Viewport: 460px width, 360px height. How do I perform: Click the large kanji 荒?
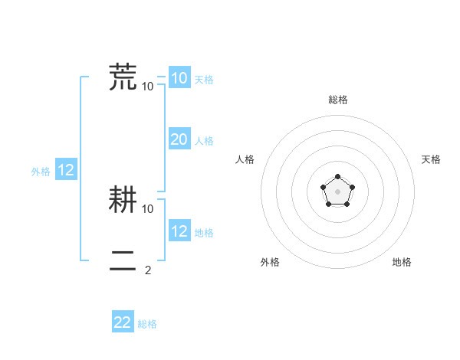[123, 77]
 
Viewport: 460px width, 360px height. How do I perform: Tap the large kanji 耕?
[123, 200]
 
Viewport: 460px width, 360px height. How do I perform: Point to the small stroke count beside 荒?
[148, 86]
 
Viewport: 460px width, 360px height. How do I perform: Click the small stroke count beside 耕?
[148, 208]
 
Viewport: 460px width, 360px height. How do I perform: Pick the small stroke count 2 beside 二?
[148, 270]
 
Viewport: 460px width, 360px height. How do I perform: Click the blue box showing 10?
[179, 78]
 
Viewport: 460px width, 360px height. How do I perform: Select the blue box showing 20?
[179, 139]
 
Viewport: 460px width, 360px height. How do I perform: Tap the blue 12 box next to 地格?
[179, 231]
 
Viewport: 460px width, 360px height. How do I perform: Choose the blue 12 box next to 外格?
[66, 171]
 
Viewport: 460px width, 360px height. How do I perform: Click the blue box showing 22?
[123, 322]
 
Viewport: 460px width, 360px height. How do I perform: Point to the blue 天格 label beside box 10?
[204, 80]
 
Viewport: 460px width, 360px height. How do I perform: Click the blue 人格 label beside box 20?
[204, 141]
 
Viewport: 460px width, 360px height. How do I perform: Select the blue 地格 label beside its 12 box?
[204, 233]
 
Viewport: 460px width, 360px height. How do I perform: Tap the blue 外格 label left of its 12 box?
[41, 172]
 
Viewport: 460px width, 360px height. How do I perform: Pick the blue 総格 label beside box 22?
[147, 324]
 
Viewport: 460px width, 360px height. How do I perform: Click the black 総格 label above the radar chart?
[337, 100]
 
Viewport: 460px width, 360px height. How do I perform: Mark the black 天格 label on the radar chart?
[431, 159]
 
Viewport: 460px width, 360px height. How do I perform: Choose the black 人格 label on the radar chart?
[245, 159]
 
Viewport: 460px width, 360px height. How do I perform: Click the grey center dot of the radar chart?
[337, 191]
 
